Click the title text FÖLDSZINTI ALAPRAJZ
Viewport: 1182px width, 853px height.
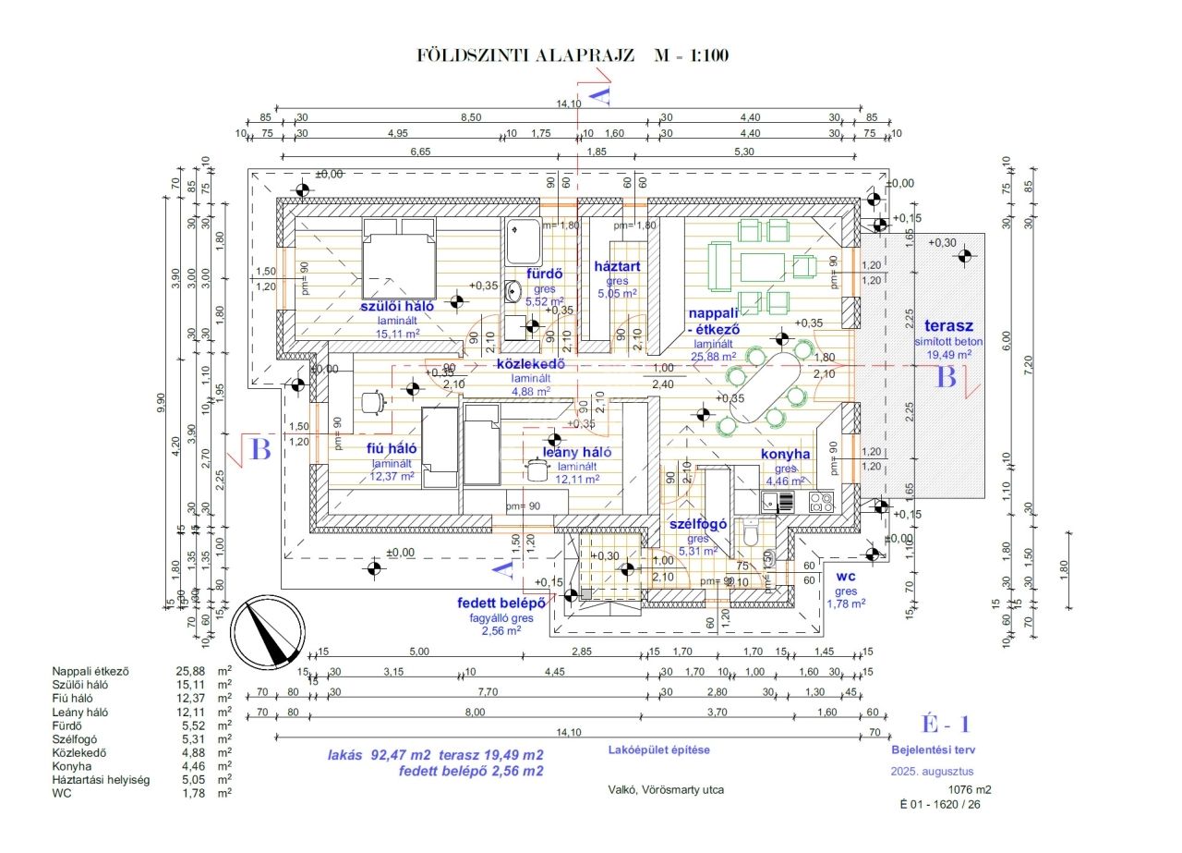526,55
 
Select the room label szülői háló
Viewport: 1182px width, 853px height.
397,306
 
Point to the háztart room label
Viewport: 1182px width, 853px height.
618,267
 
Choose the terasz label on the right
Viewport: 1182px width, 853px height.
948,326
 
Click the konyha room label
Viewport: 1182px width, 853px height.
785,454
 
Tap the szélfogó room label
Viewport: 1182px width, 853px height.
698,524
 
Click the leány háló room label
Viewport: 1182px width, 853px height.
577,452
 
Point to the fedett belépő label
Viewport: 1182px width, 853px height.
501,603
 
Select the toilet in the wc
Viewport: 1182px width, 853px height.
751,534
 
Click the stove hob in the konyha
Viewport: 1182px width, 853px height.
821,502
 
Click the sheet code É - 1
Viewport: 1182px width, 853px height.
945,725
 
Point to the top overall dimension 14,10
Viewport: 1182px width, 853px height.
569,104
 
